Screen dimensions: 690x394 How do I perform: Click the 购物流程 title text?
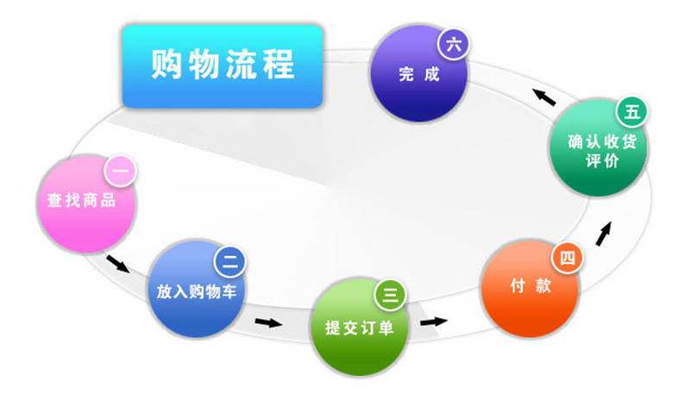pos(223,64)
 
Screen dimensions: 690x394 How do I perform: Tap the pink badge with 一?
pos(120,171)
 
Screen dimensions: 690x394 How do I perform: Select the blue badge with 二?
pos(230,262)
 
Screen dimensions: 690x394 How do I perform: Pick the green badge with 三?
pos(391,295)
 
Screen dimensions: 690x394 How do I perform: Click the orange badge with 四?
pos(568,258)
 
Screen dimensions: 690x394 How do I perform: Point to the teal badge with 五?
pos(632,112)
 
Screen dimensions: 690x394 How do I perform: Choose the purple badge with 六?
pos(454,45)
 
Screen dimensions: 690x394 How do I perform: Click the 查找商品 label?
pos(81,201)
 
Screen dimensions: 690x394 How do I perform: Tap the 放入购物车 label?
pos(197,291)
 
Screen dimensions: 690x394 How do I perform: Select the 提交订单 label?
pos(359,328)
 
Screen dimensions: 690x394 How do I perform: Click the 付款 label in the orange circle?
pos(530,286)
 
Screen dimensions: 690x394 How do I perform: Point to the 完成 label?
pos(419,74)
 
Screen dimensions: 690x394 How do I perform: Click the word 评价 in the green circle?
pos(602,160)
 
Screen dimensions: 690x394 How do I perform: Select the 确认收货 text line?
pos(602,141)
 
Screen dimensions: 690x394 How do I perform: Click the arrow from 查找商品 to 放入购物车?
pos(118,264)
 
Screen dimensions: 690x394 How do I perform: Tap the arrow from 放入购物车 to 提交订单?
pos(269,322)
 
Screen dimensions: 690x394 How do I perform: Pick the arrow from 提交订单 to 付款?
pos(434,322)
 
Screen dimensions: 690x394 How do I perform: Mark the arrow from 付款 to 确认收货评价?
pos(604,234)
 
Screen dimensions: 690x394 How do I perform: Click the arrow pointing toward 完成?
pos(544,97)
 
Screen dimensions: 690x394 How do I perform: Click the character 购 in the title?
pos(166,64)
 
